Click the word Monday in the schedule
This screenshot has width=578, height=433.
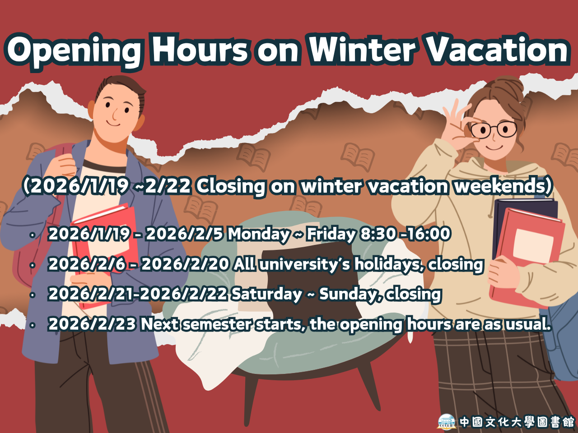click(259, 235)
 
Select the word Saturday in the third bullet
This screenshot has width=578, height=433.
click(266, 295)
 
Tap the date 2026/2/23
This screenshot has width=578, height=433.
click(92, 324)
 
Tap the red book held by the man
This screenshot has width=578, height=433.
click(105, 255)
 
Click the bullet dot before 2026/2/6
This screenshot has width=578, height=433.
click(33, 265)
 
